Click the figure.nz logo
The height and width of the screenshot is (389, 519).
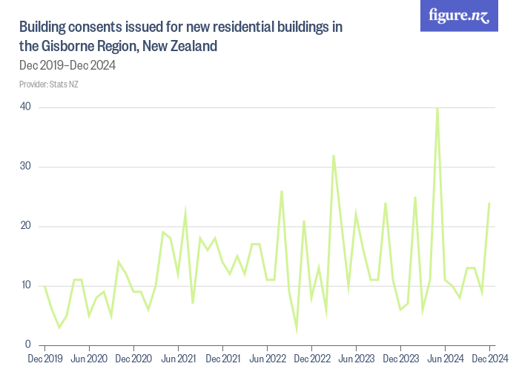tap(459, 16)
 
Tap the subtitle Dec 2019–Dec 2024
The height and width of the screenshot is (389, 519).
tap(67, 65)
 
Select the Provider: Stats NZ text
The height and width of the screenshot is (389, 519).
tap(49, 84)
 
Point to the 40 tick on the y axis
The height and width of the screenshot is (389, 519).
tap(26, 107)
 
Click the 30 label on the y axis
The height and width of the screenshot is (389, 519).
tap(26, 167)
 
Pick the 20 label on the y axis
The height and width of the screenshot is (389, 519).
tap(26, 226)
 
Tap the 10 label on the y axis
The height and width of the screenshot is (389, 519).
tap(26, 285)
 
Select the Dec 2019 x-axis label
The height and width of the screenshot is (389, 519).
tap(44, 359)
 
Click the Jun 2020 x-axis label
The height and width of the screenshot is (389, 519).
tap(89, 359)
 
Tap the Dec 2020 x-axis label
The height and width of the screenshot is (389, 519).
tap(133, 359)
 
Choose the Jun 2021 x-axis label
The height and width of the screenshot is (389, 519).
tap(178, 359)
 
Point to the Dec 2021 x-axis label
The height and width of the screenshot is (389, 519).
tap(222, 359)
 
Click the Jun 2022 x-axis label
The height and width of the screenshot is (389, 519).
tap(267, 359)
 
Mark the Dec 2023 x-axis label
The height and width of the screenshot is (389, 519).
tap(400, 359)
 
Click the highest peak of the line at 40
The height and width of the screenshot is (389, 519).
tap(437, 108)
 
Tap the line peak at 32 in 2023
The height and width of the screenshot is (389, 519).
tap(334, 156)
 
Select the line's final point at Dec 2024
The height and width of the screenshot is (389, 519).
tap(489, 203)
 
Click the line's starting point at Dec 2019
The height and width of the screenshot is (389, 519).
tap(44, 286)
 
